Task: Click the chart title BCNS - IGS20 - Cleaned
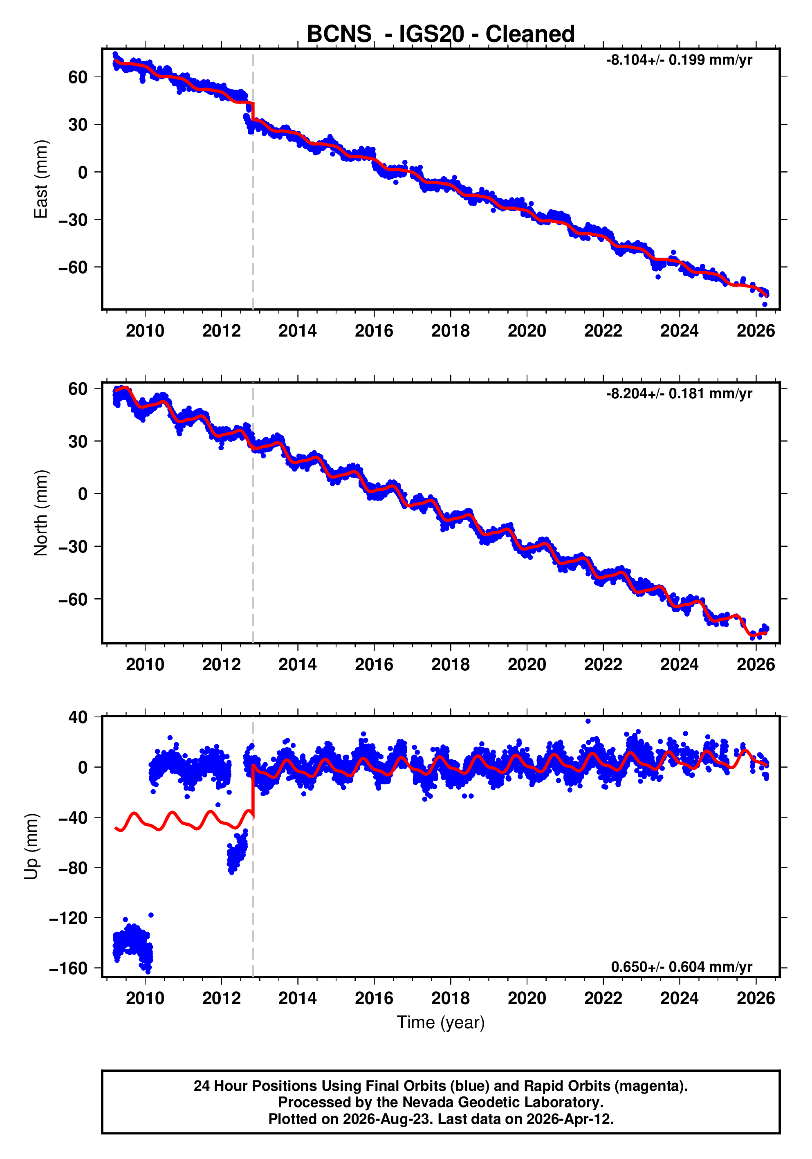[441, 34]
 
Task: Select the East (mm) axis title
[40, 179]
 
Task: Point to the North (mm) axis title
[40, 513]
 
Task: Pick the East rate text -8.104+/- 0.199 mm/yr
[679, 60]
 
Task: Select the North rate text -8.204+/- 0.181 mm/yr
[679, 394]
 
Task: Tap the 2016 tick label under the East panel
[374, 331]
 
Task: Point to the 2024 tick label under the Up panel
[679, 998]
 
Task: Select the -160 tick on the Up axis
[68, 968]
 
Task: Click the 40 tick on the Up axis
[78, 717]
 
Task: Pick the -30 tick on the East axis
[73, 220]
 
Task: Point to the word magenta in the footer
[654, 1087]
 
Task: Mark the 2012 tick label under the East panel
[222, 331]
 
